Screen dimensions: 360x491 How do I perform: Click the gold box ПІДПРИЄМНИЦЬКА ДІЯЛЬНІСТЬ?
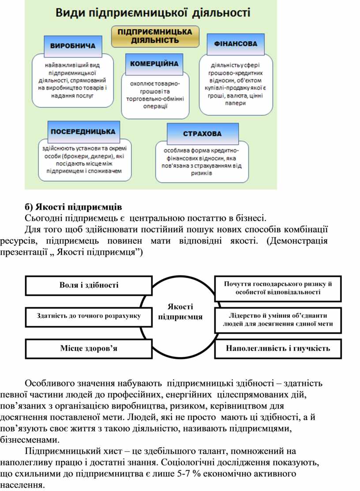155,36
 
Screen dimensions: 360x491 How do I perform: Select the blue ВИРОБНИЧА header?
73,46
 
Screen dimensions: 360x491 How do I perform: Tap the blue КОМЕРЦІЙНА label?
154,64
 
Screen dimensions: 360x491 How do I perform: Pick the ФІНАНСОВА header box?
236,44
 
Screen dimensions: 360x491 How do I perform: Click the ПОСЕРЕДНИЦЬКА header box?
83,132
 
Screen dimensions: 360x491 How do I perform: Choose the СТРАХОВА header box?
202,134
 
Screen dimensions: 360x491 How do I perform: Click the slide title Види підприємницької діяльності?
153,13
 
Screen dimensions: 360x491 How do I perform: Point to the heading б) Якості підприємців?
74,207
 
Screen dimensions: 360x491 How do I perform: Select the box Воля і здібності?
89,285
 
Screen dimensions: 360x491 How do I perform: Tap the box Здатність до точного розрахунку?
89,317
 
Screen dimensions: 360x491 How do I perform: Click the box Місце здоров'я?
89,348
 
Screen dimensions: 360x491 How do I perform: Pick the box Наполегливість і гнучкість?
278,348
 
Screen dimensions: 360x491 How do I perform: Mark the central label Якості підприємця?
180,312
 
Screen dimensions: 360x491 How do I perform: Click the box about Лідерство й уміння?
278,320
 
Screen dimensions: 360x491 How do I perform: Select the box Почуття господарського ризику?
278,288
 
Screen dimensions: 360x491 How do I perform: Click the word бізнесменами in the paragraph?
30,440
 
